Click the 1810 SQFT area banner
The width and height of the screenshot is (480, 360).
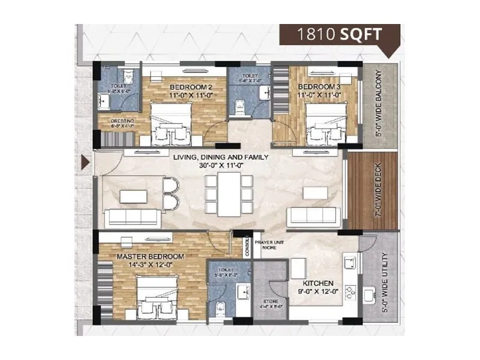[x=340, y=34]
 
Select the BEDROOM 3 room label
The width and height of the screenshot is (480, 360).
[x=321, y=86]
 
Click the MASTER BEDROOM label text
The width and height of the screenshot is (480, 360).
[x=151, y=256]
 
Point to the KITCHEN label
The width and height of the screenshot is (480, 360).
[x=319, y=283]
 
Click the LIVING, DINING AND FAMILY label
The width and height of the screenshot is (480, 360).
[x=220, y=158]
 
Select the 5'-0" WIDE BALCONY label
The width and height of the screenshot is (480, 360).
[x=378, y=103]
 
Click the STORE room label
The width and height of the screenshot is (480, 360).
[x=270, y=302]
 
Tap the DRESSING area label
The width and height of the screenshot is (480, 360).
[x=122, y=121]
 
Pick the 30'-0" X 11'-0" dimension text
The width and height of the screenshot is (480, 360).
[x=220, y=166]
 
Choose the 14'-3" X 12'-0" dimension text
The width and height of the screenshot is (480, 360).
[x=151, y=265]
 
